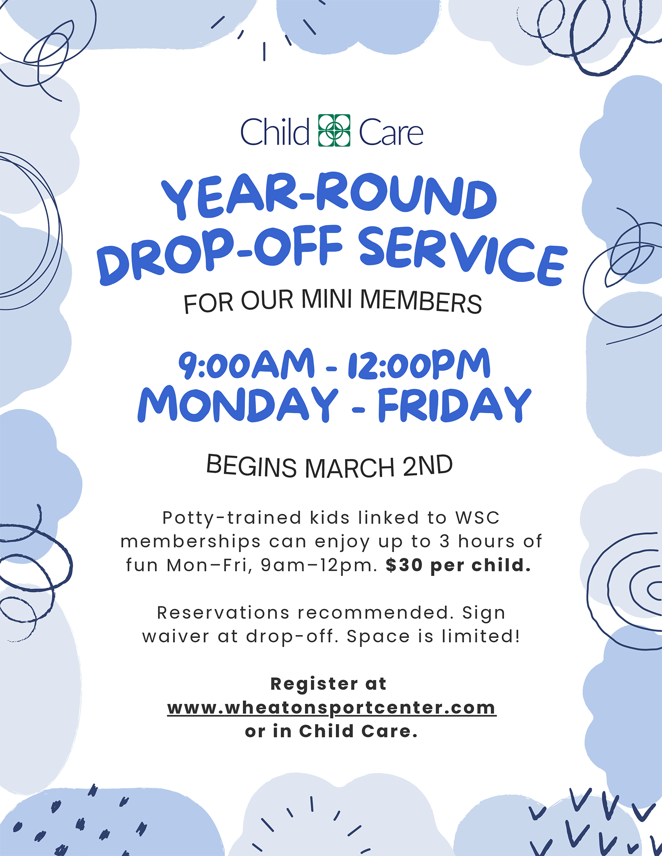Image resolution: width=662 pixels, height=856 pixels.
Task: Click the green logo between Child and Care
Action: coord(334,131)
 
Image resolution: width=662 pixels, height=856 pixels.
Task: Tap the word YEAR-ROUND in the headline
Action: coord(329,197)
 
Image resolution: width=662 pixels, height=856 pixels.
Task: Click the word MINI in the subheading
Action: coord(327,299)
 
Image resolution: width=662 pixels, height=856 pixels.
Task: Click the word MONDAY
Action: coord(238,404)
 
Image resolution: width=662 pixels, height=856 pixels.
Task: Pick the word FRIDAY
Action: coord(455,405)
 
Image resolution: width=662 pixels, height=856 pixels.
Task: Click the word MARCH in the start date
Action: coord(350,468)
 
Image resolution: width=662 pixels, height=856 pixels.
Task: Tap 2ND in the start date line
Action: coord(428,465)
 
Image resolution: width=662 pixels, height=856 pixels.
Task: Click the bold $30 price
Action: coord(404,565)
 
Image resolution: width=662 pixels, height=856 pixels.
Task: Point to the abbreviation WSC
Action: coord(478,518)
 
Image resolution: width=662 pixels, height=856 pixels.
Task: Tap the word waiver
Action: coord(176,636)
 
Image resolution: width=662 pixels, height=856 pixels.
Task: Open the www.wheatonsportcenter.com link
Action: coord(332,708)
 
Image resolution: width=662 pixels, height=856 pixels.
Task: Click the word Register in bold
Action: coord(314,684)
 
